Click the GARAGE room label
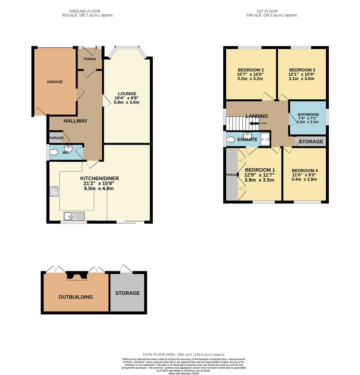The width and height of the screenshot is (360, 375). pyautogui.click(x=55, y=82)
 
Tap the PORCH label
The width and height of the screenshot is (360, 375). pyautogui.click(x=90, y=59)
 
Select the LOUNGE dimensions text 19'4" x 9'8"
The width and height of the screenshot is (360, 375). pyautogui.click(x=127, y=98)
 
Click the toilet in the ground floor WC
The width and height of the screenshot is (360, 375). pyautogui.click(x=54, y=152)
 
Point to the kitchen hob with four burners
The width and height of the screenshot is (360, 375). pyautogui.click(x=54, y=192)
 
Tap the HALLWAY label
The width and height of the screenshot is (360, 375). pyautogui.click(x=75, y=121)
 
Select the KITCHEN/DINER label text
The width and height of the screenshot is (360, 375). pyautogui.click(x=100, y=178)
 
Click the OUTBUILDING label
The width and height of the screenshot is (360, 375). pyautogui.click(x=76, y=297)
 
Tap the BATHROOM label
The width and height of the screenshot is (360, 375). pyautogui.click(x=308, y=115)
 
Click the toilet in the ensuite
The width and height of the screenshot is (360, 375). pyautogui.click(x=231, y=140)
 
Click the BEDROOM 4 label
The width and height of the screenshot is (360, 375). pyautogui.click(x=304, y=170)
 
